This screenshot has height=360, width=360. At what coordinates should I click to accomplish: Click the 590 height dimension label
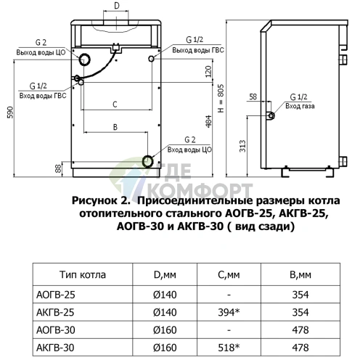[10, 112]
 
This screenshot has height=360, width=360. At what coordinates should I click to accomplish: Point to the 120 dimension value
[208, 71]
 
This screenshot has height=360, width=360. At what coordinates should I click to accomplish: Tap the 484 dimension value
[208, 121]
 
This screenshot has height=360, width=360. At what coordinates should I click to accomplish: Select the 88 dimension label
[58, 168]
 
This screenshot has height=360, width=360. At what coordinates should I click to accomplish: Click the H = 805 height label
[221, 98]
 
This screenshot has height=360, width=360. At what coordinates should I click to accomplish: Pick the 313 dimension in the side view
[242, 146]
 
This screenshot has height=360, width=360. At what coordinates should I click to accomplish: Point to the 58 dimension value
[253, 97]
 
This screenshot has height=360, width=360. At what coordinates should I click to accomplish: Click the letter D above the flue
[117, 6]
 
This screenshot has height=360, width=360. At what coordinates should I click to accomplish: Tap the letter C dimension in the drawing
[115, 105]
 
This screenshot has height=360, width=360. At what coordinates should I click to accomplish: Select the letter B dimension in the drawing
[115, 127]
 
